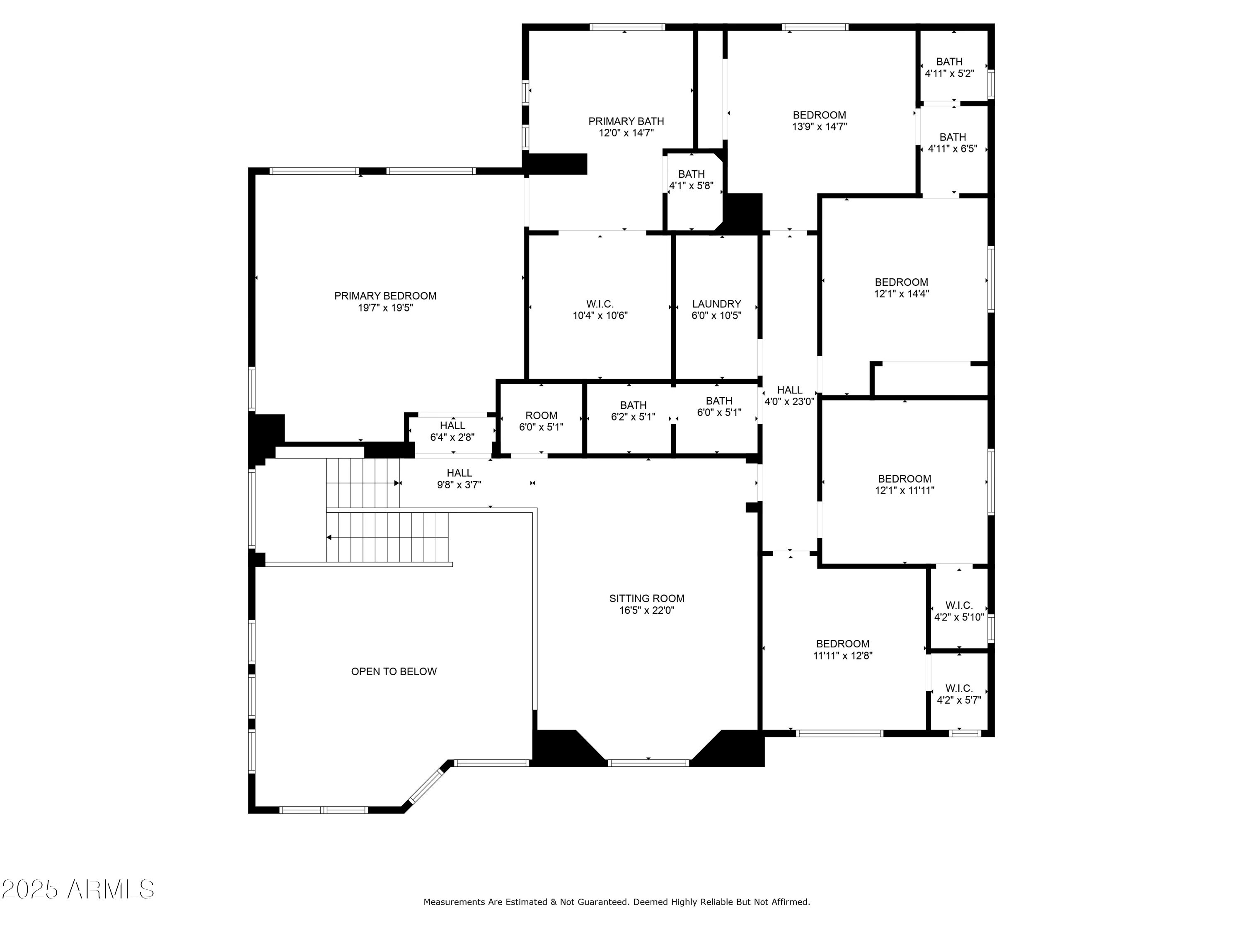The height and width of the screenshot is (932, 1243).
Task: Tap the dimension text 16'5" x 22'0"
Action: point(647,611)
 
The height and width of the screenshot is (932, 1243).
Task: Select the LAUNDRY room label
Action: point(716,304)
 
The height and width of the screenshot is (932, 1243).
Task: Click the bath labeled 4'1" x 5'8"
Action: point(691,180)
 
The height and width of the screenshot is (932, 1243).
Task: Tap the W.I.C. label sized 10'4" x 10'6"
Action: point(600,309)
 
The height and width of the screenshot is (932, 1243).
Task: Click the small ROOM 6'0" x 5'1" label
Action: point(541,421)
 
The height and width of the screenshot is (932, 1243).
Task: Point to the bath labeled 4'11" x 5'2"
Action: point(949,68)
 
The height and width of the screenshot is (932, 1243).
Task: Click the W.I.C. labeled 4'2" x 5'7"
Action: point(959,694)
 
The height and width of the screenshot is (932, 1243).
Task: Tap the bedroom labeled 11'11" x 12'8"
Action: point(842,650)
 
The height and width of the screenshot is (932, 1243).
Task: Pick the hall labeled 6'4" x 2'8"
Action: point(452,431)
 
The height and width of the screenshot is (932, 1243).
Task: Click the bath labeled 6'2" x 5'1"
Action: point(633,410)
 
